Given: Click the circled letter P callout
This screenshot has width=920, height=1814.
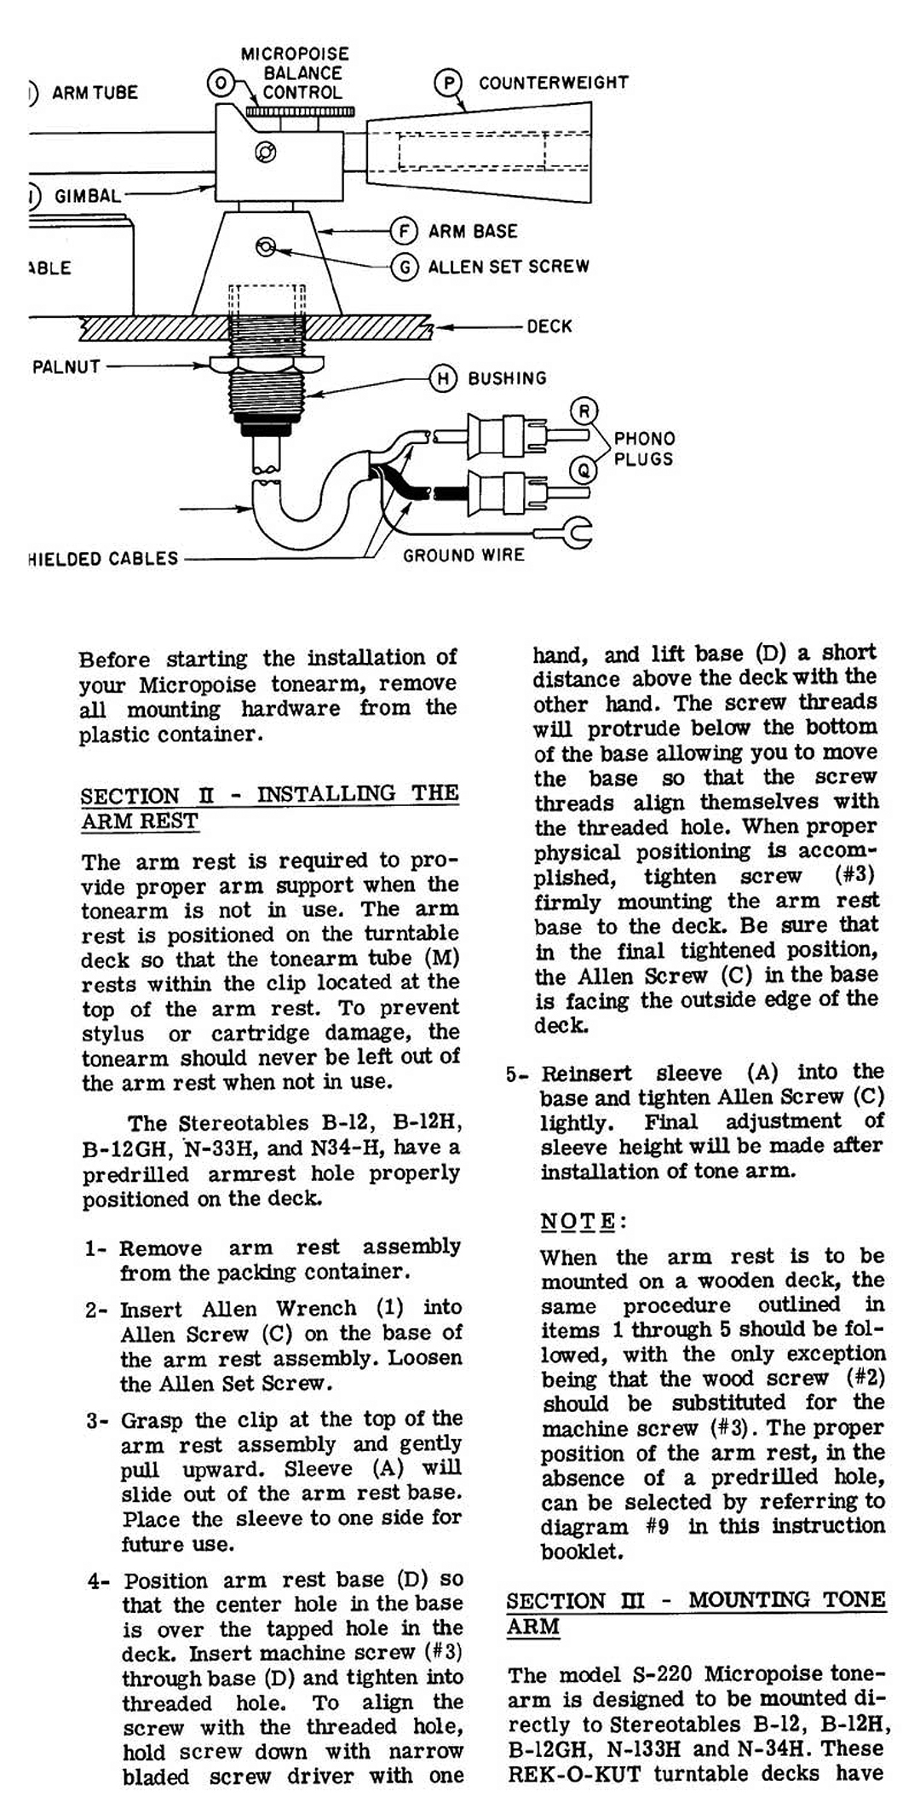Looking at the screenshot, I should [447, 83].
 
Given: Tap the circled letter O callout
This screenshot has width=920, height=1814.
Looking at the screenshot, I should [220, 82].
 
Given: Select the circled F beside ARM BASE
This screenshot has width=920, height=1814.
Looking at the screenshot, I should [403, 231].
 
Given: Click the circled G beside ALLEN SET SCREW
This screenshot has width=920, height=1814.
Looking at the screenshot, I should [403, 267].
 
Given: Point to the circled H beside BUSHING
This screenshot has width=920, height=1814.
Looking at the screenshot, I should [443, 378].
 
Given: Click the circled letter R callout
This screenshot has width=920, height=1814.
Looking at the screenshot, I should [584, 412].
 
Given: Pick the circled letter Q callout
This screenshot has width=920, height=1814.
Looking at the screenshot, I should [583, 468].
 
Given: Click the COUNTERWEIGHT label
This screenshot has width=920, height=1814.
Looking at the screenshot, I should [553, 83].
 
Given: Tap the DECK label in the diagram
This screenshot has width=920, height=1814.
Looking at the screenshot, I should [549, 326].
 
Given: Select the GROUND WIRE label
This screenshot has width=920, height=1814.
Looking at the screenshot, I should [463, 556].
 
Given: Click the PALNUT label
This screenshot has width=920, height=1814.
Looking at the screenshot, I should [66, 367].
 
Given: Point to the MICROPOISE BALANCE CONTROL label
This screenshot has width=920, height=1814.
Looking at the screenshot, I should [296, 73].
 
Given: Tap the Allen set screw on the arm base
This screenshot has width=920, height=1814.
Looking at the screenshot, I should [266, 247].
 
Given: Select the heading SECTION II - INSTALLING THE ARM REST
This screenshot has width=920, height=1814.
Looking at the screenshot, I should [269, 807].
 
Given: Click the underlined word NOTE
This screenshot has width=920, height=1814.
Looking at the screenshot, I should [578, 1221].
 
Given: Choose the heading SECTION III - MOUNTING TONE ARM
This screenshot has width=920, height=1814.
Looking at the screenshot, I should [695, 1612].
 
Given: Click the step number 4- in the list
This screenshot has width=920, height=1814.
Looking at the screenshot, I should [98, 1581].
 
